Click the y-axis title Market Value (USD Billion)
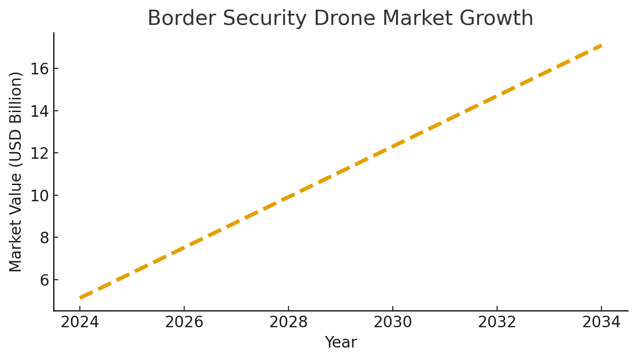16,172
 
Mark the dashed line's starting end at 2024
80,298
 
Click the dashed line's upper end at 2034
601,45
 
